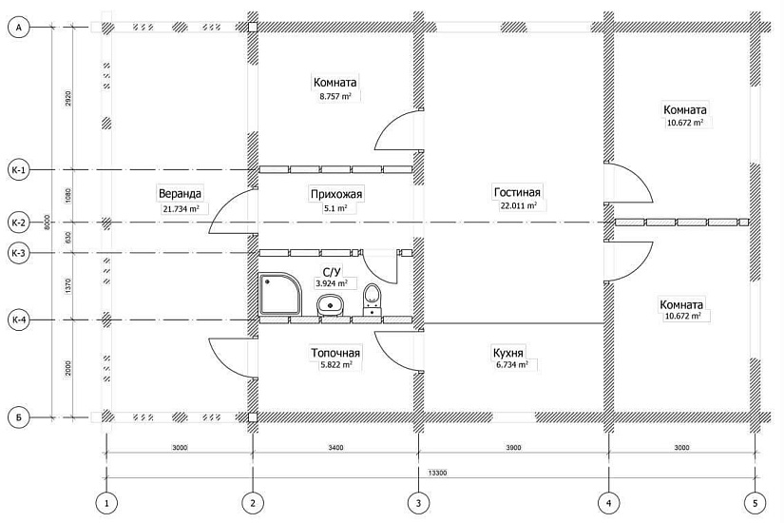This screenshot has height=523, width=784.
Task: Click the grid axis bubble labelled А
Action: pos(18,28)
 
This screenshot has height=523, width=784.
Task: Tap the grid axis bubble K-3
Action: pos(18,253)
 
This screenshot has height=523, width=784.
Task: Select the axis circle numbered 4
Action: pos(608,502)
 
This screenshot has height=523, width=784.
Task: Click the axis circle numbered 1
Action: pos(106,502)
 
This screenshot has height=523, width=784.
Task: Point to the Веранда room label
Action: pos(180,193)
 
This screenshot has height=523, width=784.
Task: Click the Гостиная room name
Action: pos(517,192)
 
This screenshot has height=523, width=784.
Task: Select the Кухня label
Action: pos(508,353)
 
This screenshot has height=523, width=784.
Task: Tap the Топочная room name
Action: pos(335,353)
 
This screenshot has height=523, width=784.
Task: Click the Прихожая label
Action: pos(336,194)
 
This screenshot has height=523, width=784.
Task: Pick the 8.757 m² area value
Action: pos(335,96)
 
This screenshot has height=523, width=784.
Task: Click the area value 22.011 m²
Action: pos(519,205)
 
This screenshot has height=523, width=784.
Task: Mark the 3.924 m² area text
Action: pos(331,283)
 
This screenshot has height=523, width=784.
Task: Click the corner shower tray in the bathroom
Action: pos(280,294)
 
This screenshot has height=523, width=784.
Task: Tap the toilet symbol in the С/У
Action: pos(372,300)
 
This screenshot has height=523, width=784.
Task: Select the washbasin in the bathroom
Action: pos(330,305)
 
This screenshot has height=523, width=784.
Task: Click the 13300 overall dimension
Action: pos(437,472)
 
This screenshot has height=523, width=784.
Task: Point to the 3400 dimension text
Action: pos(335,448)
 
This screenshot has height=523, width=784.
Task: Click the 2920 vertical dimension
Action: pos(68,98)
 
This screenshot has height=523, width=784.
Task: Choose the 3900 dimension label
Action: pos(513,448)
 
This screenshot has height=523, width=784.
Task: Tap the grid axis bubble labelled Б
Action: pos(18,417)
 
